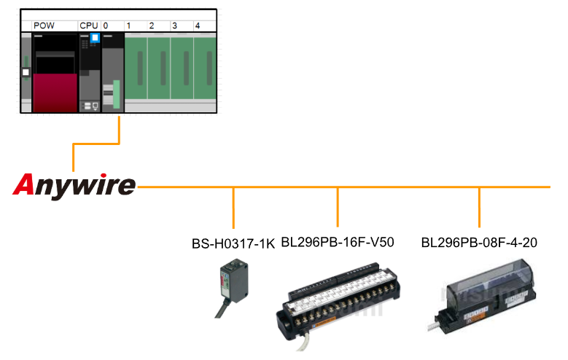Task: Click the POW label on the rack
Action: click(x=44, y=26)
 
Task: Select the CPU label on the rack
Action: click(x=88, y=26)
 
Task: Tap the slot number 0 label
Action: click(x=106, y=26)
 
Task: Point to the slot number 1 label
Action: click(x=128, y=26)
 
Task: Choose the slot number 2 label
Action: click(x=152, y=26)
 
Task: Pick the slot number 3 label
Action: click(x=174, y=26)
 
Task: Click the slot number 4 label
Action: click(x=198, y=26)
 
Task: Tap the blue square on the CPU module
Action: click(x=94, y=38)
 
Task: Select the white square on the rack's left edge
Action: click(x=26, y=72)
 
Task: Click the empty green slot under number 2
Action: click(x=159, y=69)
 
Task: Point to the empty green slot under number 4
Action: click(x=205, y=69)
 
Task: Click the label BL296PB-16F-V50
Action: click(x=337, y=242)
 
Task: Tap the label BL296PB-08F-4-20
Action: click(x=479, y=242)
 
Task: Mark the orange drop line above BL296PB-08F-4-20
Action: click(x=479, y=208)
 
